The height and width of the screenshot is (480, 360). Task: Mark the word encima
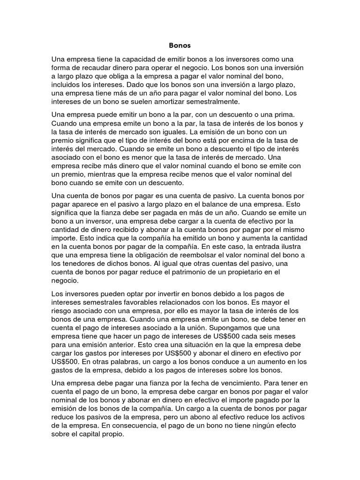[x=248, y=140]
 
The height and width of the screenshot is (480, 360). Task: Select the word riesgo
[x=63, y=311]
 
